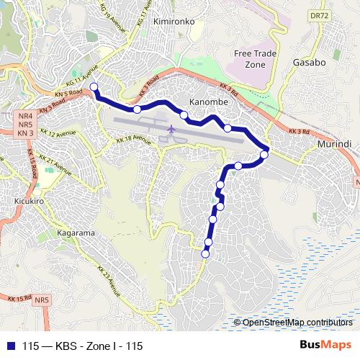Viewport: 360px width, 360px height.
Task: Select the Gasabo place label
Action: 310,63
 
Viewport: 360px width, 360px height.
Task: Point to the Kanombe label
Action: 207,102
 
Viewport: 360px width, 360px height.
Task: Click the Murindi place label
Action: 333,145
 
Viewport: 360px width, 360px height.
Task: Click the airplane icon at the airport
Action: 171,130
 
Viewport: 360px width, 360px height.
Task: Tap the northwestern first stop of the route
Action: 94,87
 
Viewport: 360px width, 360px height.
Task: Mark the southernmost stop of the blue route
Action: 205,253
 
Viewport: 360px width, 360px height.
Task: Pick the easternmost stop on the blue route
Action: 264,154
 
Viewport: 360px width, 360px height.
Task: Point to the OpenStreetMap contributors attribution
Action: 296,323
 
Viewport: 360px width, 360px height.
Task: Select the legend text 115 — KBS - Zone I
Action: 82,346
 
